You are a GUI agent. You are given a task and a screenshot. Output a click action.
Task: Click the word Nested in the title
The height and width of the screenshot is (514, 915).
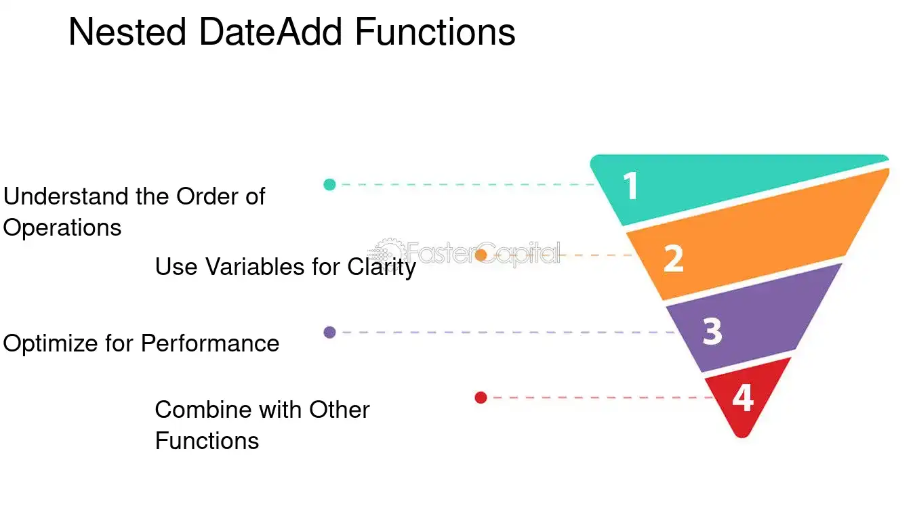[x=127, y=32]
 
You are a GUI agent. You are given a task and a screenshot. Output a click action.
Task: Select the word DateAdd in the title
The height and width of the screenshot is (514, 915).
[x=270, y=32]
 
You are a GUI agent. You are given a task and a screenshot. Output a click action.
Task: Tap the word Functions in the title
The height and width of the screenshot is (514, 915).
[x=435, y=32]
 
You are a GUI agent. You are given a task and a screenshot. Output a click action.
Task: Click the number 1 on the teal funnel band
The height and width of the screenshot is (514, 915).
[x=631, y=186]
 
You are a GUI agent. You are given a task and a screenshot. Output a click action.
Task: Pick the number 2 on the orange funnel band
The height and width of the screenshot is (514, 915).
[x=674, y=258]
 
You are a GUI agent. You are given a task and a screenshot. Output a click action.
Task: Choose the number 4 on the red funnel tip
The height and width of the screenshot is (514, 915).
[x=743, y=398]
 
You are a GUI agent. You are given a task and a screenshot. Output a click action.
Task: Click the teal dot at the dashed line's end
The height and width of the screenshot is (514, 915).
[x=329, y=184]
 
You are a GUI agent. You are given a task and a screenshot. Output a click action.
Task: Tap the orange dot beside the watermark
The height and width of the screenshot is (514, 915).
[x=481, y=255]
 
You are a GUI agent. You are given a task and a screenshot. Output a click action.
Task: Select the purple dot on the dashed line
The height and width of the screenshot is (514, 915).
[x=329, y=333]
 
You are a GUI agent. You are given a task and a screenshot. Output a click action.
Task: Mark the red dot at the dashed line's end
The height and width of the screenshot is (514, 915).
[x=481, y=398]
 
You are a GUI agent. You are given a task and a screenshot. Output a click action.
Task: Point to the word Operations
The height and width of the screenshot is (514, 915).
[x=62, y=228]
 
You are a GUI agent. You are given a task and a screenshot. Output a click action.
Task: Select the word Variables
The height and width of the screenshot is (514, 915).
[x=255, y=267]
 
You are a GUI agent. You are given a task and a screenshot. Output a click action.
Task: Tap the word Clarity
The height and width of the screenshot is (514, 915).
[x=382, y=267]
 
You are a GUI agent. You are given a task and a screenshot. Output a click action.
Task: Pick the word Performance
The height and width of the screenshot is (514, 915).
[x=210, y=343]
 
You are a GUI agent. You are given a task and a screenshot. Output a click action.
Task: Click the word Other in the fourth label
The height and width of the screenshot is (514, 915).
[x=339, y=410]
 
